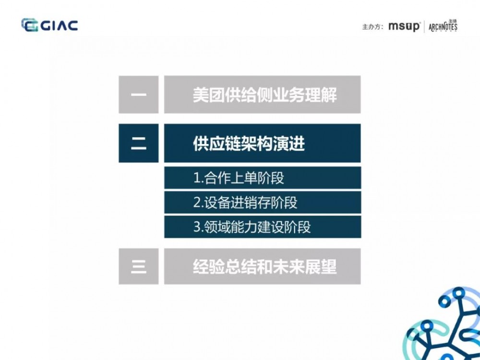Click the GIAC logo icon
[x=30, y=25]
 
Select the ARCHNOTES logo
[x=443, y=26]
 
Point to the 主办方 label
[x=372, y=27]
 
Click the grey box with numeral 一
[x=138, y=95]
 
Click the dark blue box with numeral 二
[x=138, y=143]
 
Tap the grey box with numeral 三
[x=138, y=266]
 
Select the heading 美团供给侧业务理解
[x=264, y=95]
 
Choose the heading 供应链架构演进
[x=249, y=144]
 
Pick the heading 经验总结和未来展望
[x=264, y=266]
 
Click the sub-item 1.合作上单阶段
[x=239, y=178]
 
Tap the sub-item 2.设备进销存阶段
[x=245, y=203]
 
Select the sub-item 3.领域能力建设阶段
[x=252, y=227]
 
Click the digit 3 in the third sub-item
[x=196, y=227]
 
